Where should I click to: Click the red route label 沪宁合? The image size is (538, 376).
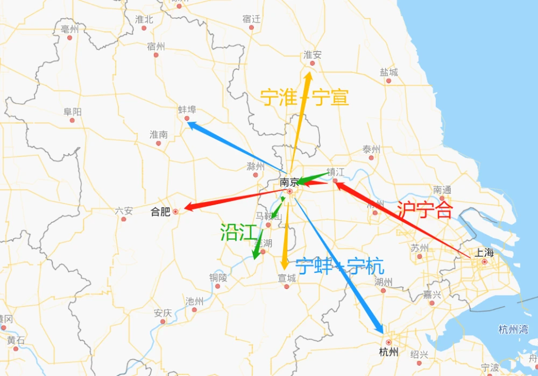click(424, 209)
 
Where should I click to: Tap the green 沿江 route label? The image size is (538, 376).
click(236, 232)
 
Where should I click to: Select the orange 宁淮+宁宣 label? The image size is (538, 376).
click(305, 97)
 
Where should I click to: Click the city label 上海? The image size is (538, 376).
click(484, 252)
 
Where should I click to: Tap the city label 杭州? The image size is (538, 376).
click(388, 352)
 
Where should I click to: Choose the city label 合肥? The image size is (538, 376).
click(161, 212)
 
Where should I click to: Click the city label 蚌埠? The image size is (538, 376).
click(187, 109)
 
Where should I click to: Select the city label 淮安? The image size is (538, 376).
click(312, 55)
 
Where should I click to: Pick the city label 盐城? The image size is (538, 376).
click(388, 72)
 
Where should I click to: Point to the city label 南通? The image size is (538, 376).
click(442, 190)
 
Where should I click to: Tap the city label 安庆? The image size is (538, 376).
click(162, 313)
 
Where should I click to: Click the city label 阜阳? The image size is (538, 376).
click(72, 112)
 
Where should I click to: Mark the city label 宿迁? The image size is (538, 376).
click(251, 19)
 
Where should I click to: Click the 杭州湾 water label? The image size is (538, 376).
click(513, 329)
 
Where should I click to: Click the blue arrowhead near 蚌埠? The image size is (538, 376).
click(192, 125)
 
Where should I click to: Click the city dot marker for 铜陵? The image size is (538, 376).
click(218, 286)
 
